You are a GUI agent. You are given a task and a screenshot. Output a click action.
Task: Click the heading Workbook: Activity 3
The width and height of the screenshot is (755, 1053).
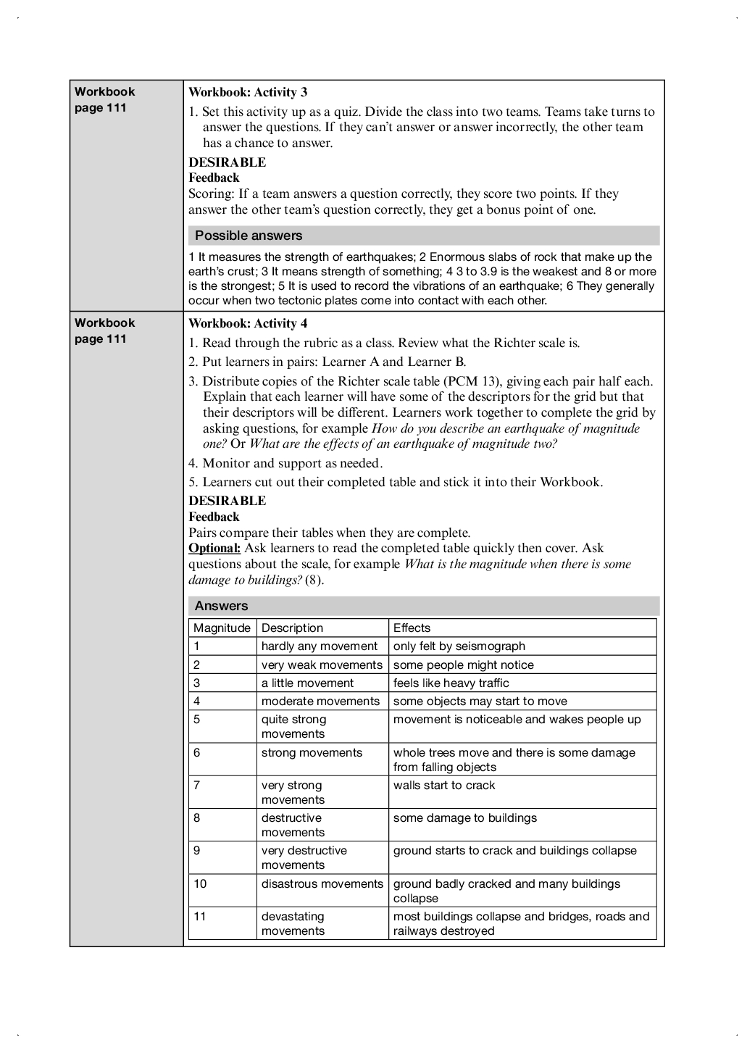tap(248, 92)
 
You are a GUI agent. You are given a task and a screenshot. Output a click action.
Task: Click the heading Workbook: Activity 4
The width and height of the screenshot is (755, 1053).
tap(248, 323)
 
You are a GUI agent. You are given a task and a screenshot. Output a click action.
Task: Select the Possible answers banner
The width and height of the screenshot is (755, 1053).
tap(249, 236)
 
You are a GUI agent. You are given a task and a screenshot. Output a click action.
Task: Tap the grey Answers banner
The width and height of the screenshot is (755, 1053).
tap(221, 606)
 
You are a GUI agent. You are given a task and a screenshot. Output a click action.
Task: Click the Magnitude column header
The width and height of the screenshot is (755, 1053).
tap(222, 628)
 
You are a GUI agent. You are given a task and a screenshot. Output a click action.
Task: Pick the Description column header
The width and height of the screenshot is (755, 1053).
tap(292, 628)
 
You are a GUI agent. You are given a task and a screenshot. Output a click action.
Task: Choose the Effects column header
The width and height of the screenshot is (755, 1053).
tap(412, 628)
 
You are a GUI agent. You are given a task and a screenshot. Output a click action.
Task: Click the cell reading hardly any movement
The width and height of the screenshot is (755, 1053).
tap(320, 646)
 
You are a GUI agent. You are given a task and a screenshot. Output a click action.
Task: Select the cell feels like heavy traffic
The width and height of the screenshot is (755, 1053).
tap(451, 683)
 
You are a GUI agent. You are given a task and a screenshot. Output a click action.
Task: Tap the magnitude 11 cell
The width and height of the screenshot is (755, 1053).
tap(200, 917)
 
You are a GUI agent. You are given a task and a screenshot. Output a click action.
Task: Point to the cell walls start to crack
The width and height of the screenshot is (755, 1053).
tap(444, 786)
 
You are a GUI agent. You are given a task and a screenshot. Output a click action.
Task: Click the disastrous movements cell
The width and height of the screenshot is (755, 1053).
tap(322, 884)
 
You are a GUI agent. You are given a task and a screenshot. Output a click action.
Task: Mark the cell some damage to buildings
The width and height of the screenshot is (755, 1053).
tap(464, 818)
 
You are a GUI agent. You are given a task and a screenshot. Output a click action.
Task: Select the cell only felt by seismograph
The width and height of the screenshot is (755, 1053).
tap(459, 646)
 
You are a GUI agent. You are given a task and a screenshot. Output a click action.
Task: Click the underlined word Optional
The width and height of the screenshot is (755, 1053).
tap(214, 549)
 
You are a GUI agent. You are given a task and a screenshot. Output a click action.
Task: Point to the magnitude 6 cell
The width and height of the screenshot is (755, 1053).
tap(197, 753)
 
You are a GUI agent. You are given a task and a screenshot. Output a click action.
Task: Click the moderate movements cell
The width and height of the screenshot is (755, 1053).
tap(320, 702)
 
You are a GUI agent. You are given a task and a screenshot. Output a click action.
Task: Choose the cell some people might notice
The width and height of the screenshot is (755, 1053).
tap(463, 665)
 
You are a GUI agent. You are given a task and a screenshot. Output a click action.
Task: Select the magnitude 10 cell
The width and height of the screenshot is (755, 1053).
tap(200, 884)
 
